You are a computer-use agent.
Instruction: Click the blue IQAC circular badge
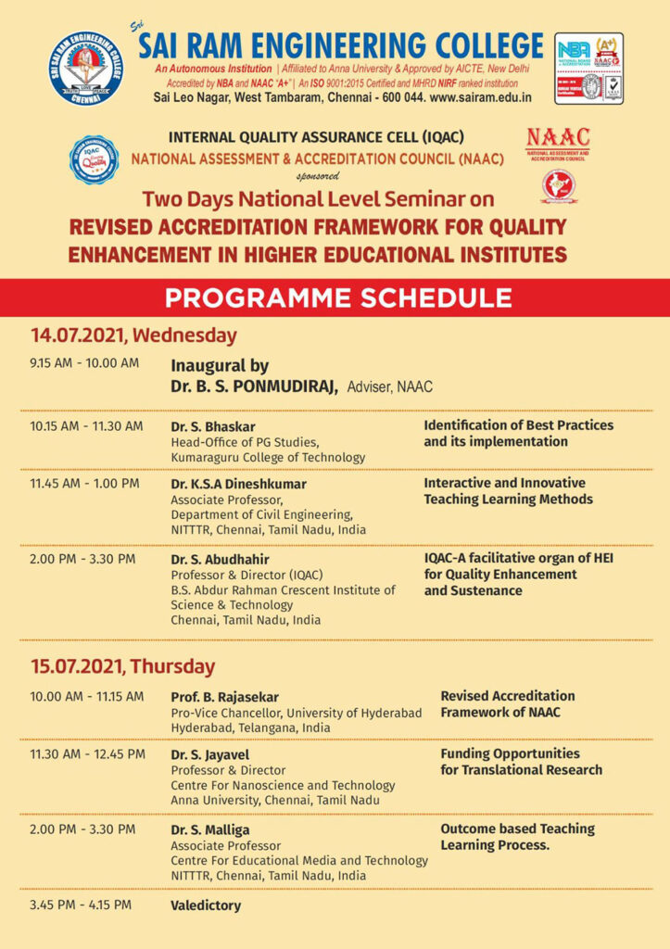pos(94,159)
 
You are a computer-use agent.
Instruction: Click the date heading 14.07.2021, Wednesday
pos(133,335)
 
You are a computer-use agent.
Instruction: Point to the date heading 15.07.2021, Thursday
pos(122,666)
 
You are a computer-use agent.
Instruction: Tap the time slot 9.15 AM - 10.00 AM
pos(84,362)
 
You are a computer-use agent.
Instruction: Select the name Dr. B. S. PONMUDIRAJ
pos(253,386)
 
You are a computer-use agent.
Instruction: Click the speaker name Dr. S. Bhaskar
pos(213,426)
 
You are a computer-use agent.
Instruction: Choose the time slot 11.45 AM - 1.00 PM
pos(84,483)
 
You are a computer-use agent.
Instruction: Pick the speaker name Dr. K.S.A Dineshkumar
pos(238,484)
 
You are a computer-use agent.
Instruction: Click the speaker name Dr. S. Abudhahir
pos(219,559)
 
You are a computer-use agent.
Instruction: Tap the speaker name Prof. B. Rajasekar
pos(224,697)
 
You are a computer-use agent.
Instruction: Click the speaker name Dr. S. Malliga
pos(210,829)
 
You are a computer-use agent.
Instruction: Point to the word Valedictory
pos(206,905)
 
